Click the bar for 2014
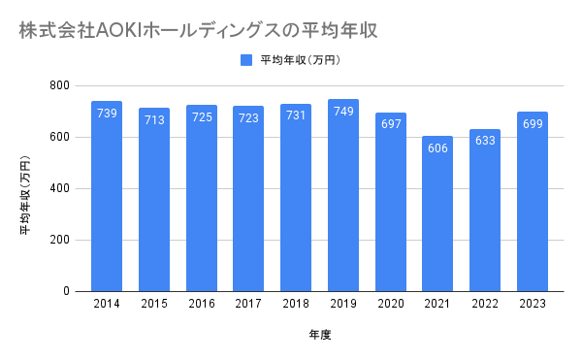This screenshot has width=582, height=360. tap(107, 196)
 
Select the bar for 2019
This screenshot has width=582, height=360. tap(343, 195)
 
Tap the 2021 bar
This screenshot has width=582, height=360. tap(437, 213)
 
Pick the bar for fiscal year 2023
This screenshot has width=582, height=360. tap(533, 202)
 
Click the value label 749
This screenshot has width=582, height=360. tap(343, 111)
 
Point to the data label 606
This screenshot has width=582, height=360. tap(437, 148)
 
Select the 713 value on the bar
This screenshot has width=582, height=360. tap(154, 120)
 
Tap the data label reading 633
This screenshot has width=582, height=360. tap(485, 141)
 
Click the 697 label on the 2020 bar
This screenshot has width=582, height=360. tap(391, 123)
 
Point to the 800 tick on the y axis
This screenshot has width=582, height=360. tap(60, 85)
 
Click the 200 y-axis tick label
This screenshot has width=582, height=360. tap(60, 240)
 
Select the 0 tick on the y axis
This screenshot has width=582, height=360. tap(66, 291)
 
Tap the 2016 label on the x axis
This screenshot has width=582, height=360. tap(202, 304)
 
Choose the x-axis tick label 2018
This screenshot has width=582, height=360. tap(296, 304)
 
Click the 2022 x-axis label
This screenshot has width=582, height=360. tap(485, 304)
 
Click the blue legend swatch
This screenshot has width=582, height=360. tap(246, 60)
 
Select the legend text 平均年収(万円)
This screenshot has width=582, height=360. tap(301, 60)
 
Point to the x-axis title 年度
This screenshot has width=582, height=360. tap(320, 335)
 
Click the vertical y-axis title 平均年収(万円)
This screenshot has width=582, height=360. tap(25, 194)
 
